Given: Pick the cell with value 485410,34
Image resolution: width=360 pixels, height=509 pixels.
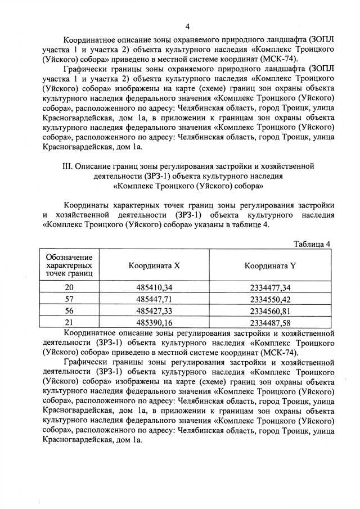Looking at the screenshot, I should [x=154, y=287].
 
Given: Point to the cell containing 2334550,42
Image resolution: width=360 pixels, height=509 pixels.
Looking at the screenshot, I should [x=270, y=298].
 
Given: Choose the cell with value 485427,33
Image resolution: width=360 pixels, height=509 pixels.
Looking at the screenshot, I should [x=154, y=310].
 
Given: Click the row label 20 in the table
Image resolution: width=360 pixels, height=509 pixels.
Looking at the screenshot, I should [x=70, y=287].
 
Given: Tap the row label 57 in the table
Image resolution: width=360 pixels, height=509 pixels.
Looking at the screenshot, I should [x=70, y=298].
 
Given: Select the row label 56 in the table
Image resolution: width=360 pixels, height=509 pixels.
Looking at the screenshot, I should [x=70, y=310].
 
